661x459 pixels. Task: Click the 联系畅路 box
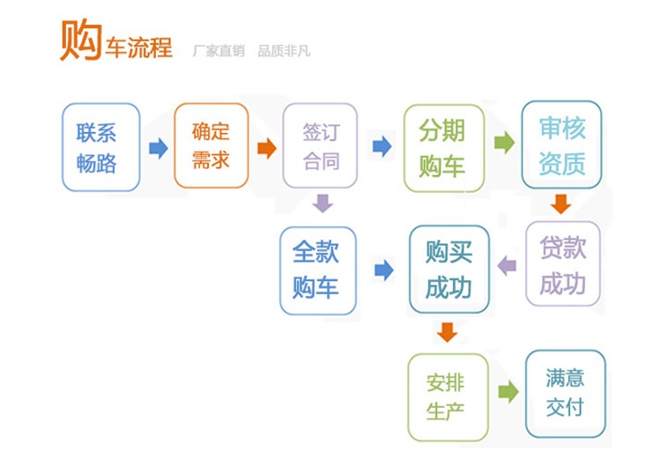[x=100, y=147]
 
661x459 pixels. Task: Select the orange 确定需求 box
[x=212, y=145]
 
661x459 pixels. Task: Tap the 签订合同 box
[x=320, y=146]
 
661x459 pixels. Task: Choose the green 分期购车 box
[x=442, y=147]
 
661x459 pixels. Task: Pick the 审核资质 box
[x=561, y=145]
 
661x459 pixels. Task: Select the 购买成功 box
[x=449, y=268]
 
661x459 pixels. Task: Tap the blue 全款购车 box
[x=318, y=270]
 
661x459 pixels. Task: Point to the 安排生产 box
[x=447, y=396]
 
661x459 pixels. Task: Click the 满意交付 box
[x=565, y=393]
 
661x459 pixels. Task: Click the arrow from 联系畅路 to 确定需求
[x=159, y=147]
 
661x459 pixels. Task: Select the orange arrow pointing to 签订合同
[x=266, y=147]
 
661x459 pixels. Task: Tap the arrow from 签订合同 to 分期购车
[x=382, y=146]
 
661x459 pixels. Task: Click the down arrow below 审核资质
[x=561, y=204]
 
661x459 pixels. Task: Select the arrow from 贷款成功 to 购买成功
[x=507, y=265]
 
